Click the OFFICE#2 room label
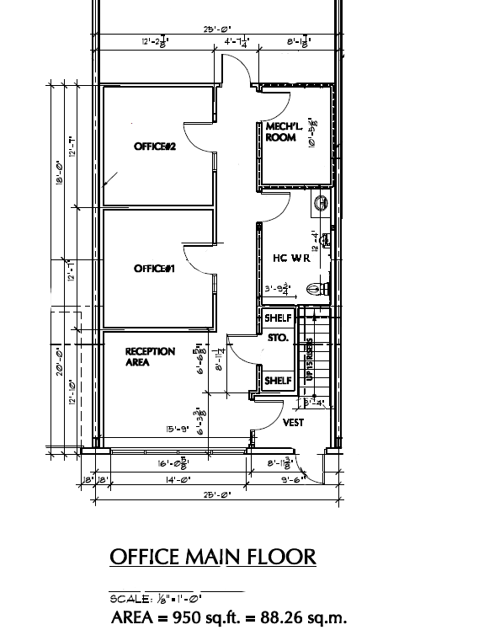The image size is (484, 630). click(x=154, y=147)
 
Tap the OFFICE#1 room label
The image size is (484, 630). click(x=154, y=269)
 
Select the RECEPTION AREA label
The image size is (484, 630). click(x=150, y=357)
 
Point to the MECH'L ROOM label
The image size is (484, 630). click(x=280, y=132)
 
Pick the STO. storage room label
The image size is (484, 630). click(x=278, y=338)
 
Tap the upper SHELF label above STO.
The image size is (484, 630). click(x=278, y=318)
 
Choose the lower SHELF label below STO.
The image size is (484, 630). click(x=278, y=381)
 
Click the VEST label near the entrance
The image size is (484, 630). click(x=293, y=423)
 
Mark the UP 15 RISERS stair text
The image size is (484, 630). click(x=310, y=359)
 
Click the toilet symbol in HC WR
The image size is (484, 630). click(x=315, y=288)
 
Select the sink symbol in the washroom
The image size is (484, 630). click(x=322, y=202)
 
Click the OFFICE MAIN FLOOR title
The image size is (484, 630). click(x=213, y=557)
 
